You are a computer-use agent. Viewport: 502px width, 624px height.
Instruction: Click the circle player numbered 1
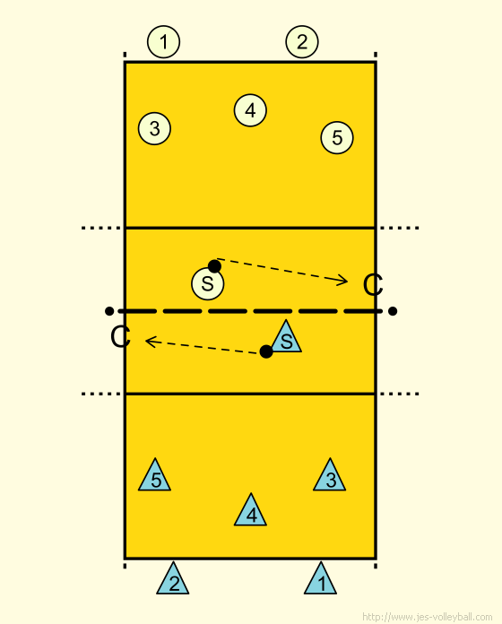coord(163,42)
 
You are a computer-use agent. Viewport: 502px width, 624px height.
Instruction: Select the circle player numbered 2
coord(302,42)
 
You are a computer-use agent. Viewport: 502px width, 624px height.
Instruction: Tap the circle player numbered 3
coord(154,128)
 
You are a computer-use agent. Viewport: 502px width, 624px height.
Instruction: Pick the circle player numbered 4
coord(250,110)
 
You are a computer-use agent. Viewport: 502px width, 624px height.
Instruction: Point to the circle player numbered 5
coord(337,138)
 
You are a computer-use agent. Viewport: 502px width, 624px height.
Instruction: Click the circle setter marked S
coord(208,283)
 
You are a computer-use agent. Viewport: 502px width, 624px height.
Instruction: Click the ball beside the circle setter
coord(215,266)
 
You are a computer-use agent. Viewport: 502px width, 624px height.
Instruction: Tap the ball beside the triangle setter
coord(266,351)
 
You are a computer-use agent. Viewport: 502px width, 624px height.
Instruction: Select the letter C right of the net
coord(373,285)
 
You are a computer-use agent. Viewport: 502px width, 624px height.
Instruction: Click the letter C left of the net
coord(120,337)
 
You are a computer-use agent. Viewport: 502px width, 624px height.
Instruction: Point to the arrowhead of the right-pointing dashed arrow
coord(347,282)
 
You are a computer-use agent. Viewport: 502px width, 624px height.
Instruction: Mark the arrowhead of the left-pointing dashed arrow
coord(146,341)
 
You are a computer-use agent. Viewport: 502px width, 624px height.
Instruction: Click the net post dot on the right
coord(393,311)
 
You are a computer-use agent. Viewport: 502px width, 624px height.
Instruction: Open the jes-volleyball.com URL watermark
coord(428,617)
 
